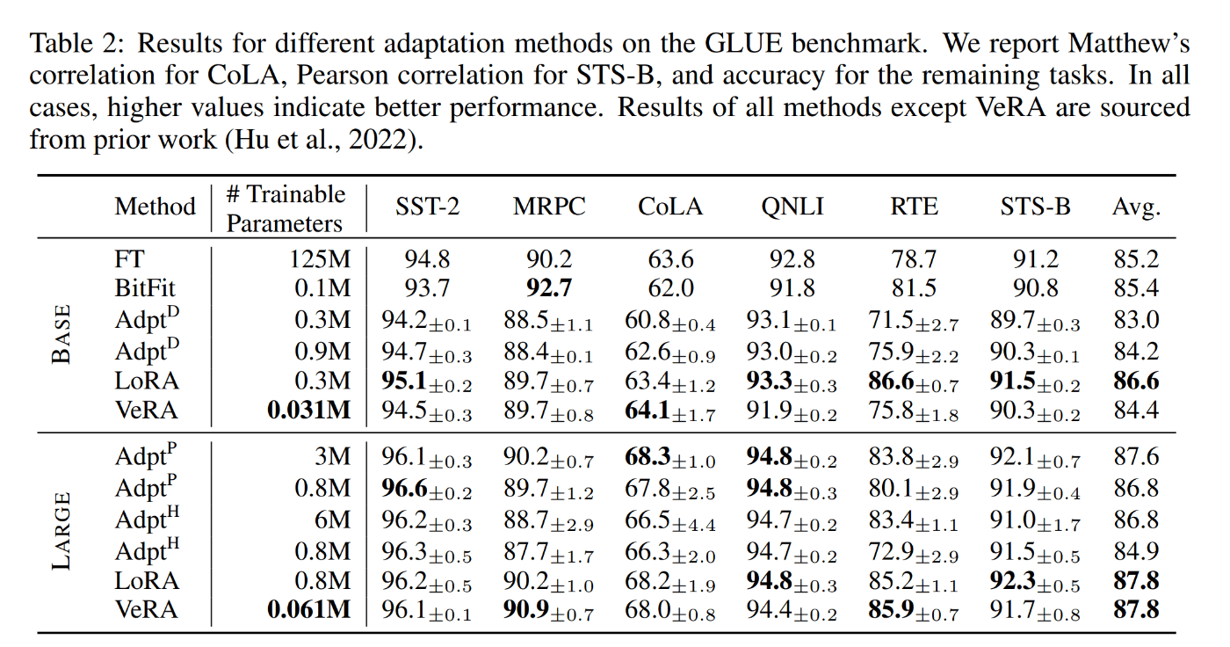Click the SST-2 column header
[x=427, y=207]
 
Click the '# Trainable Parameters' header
[x=286, y=208]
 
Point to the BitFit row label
[x=147, y=288]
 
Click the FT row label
[x=129, y=258]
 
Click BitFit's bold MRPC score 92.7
[x=549, y=288]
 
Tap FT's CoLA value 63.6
[x=671, y=258]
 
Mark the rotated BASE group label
[x=62, y=335]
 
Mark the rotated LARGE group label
[x=62, y=533]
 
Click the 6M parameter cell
[x=333, y=520]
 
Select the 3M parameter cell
[x=333, y=456]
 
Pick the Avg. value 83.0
[x=1136, y=319]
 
